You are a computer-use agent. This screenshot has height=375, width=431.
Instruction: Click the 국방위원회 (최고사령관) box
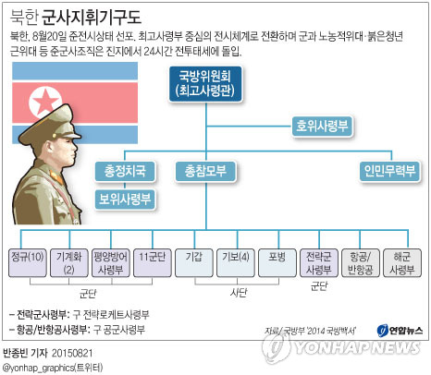pos(205,84)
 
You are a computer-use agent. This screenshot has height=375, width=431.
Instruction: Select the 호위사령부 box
pos(322,127)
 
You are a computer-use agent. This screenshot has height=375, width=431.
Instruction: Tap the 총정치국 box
pos(125,171)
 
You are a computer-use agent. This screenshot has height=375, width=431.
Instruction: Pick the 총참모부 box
pos(205,171)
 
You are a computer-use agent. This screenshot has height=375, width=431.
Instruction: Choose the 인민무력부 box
pos(389,171)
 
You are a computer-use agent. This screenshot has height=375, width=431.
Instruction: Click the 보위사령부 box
pos(125,200)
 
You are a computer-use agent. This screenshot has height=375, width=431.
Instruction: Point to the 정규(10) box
pos(28,263)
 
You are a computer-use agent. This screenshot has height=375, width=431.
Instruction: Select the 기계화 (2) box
pos(69,263)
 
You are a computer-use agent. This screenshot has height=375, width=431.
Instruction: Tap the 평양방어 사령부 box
pos(111,263)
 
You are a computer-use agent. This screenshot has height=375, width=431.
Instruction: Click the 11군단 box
pos(153,263)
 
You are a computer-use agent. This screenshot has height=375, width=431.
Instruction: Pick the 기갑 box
pos(194,263)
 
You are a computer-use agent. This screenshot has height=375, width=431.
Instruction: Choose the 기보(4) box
pos(236,263)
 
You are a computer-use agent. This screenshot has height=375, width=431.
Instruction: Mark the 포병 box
pos(277,263)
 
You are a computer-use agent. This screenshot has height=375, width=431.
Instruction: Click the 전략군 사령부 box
pos(319,263)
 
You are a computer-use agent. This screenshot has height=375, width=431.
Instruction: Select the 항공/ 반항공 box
pos(361,263)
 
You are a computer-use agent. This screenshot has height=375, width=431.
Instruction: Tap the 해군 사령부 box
pos(402,263)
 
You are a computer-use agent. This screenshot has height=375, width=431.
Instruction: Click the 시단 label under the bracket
pos(239,293)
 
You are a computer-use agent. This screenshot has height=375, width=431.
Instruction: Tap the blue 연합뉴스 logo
pos(400,331)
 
